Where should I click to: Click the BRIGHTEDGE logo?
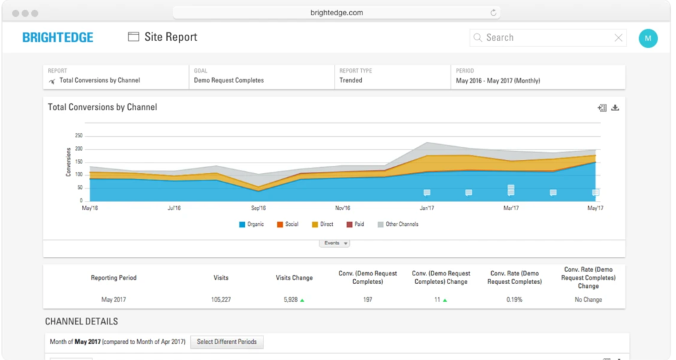click(57, 38)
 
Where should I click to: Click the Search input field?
click(545, 38)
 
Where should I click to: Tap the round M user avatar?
click(648, 38)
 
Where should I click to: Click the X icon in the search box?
click(619, 38)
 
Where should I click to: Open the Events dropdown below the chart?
click(335, 243)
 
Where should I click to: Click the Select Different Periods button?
click(227, 342)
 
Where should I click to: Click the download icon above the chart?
click(615, 108)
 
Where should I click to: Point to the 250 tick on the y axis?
click(78, 136)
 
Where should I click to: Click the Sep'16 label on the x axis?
click(258, 208)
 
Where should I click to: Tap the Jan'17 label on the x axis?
click(426, 208)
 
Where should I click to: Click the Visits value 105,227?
click(221, 300)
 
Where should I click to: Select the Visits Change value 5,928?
click(290, 300)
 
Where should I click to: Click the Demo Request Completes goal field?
click(228, 81)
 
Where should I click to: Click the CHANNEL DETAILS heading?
click(81, 322)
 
